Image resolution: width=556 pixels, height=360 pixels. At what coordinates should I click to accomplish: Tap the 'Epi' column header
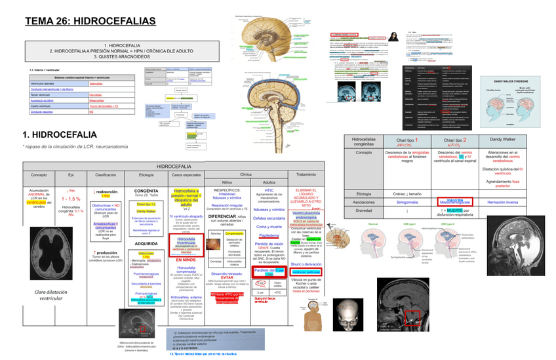[70, 175]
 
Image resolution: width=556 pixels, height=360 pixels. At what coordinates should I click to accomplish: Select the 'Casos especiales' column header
[187, 175]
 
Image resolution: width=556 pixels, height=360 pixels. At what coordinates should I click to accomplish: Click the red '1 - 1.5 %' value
[71, 199]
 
